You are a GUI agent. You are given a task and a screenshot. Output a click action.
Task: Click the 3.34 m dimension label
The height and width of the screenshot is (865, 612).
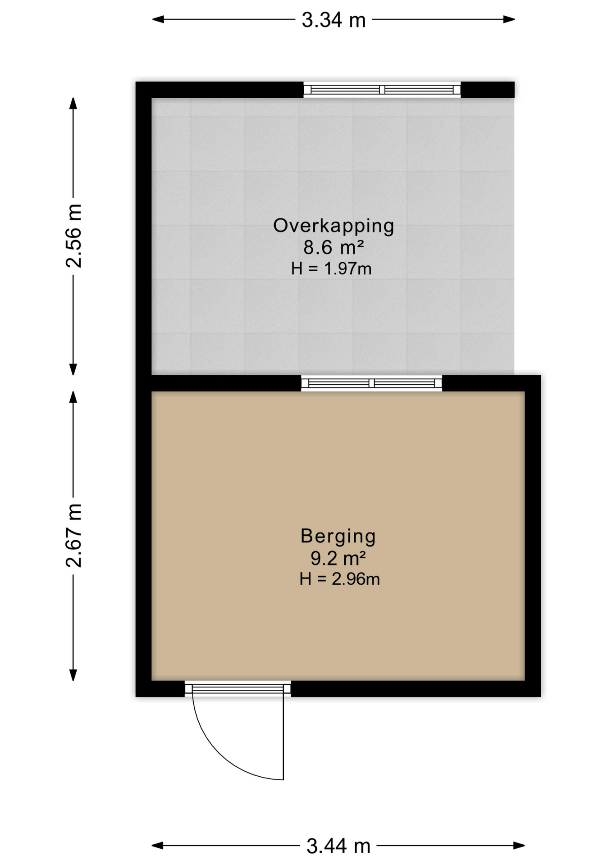pos(333,20)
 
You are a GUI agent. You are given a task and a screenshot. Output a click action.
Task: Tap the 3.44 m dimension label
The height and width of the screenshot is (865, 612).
pos(338,846)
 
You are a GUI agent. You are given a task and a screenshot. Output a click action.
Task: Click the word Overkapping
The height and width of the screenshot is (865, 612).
pos(333,226)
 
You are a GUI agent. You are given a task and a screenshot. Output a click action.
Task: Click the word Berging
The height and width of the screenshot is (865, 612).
pos(338,537)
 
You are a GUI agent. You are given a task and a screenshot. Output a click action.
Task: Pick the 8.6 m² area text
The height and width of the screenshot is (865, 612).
pos(333,247)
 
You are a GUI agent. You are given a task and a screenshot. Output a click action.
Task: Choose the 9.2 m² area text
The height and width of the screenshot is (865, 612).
pos(338,558)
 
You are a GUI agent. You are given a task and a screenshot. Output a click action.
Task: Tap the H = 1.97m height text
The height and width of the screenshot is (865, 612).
pos(331,269)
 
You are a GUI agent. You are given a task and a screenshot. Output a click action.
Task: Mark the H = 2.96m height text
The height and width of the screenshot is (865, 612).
pos(340,579)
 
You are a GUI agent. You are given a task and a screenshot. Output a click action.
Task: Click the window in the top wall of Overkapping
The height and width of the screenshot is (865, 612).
pos(382,90)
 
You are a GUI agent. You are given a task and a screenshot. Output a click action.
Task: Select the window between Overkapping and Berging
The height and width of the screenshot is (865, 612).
pos(372,383)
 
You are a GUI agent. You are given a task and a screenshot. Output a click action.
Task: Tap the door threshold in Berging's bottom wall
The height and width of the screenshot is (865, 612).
pos(238,689)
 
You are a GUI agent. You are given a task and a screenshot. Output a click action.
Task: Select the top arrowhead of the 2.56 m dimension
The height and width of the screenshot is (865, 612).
pos(73,103)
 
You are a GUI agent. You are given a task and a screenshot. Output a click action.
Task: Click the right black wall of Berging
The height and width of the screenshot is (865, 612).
pos(533,536)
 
